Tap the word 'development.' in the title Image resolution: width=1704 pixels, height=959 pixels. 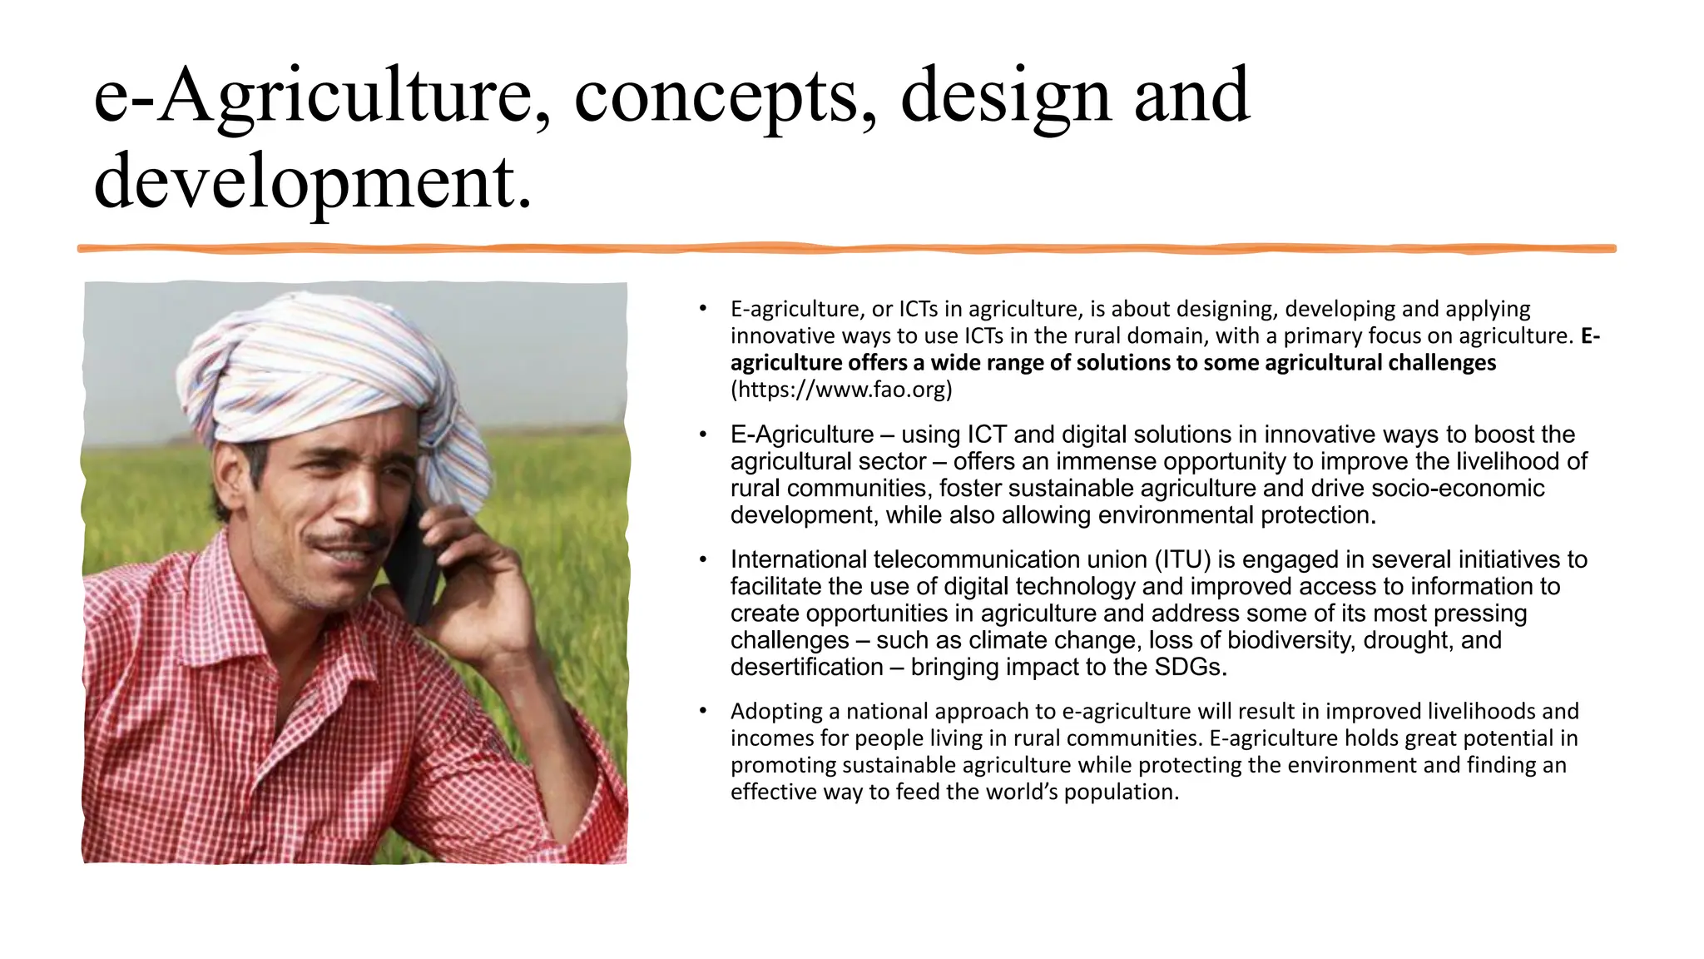[313, 182]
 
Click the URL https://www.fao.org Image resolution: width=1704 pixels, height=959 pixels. [841, 390]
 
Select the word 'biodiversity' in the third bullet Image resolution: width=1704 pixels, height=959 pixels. [1295, 640]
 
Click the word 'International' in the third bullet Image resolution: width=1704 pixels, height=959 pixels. [799, 559]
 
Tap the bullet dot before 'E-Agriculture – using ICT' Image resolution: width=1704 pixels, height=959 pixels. [703, 435]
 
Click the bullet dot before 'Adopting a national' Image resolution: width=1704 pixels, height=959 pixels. [703, 711]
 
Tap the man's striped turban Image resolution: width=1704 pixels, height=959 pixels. [324, 366]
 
